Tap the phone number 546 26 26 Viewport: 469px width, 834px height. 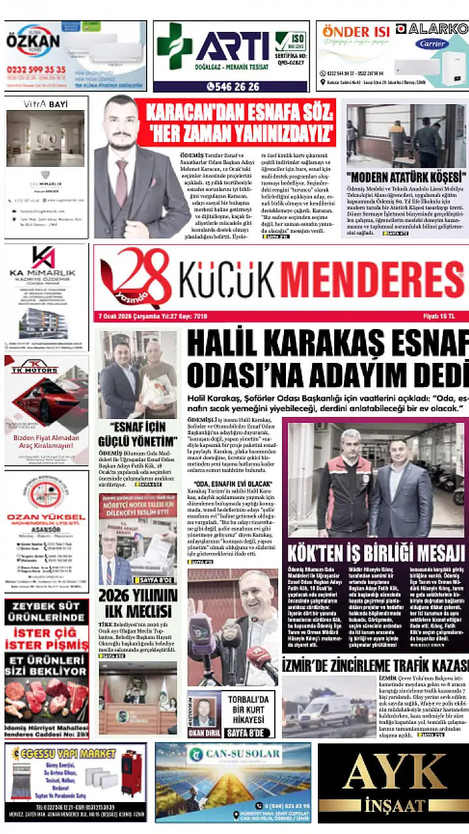click(233, 86)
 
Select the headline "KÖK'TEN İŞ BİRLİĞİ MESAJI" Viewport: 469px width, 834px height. click(376, 553)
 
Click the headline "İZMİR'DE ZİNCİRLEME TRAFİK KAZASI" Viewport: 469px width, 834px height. click(375, 665)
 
